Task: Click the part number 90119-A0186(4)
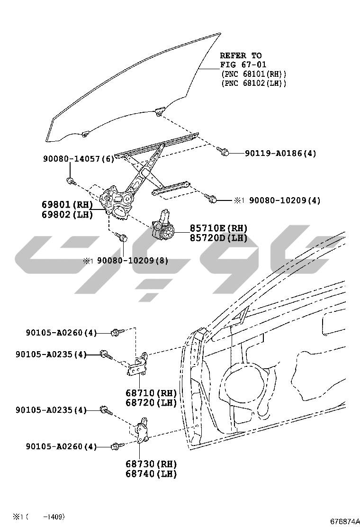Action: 280,154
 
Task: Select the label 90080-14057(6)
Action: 79,159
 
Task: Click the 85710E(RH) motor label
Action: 219,228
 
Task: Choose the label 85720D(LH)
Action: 219,238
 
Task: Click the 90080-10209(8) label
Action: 133,261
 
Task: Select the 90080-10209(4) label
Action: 285,200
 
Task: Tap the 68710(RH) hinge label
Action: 151,393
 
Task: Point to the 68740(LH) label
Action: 151,473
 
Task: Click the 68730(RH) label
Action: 151,464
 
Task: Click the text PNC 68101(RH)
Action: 253,74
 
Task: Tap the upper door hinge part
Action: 138,363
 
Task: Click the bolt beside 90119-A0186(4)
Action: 224,152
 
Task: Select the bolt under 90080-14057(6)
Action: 71,181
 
